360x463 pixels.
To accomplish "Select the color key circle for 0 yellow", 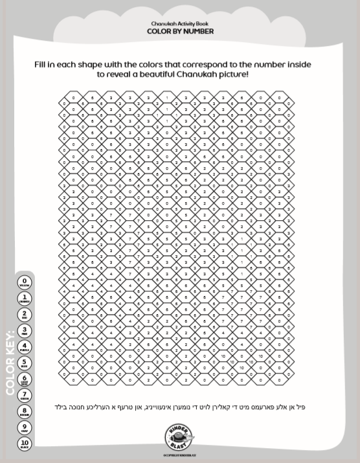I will [25, 282].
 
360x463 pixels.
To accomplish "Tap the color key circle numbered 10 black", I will [25, 444].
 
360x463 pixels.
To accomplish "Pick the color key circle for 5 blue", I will [25, 363].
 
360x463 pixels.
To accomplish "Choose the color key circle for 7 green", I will [25, 396].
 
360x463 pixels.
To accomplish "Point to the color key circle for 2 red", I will [25, 315].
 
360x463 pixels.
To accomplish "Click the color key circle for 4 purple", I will [25, 347].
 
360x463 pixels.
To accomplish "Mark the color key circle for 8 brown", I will [25, 412].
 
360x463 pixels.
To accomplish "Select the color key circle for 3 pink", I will [25, 331].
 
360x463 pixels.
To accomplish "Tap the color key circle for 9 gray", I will [25, 428].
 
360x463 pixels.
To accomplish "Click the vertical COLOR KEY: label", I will [10, 363].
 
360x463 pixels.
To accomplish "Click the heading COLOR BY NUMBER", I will [180, 31].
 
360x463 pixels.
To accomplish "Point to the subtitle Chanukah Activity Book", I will [180, 23].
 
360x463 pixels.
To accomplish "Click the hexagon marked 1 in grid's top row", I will [167, 98].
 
